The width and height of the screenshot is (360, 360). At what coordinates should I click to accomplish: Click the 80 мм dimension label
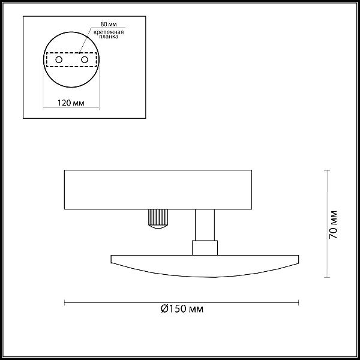point(109,24)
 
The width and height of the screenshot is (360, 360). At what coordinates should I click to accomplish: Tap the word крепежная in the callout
point(109,32)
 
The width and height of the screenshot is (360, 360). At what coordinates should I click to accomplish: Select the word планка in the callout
point(109,37)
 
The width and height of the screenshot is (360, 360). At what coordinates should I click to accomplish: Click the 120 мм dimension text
point(71,103)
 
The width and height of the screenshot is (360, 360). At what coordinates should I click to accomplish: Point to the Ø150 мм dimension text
point(182,309)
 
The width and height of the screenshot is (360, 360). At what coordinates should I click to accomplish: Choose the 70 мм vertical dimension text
point(334,224)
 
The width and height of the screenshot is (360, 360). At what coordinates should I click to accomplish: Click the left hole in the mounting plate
point(59,59)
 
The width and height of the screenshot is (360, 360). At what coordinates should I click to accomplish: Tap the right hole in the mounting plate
point(85,59)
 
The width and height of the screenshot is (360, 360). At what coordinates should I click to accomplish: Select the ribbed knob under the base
point(158,219)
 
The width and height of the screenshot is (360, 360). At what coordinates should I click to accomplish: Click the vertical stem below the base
point(205,225)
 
